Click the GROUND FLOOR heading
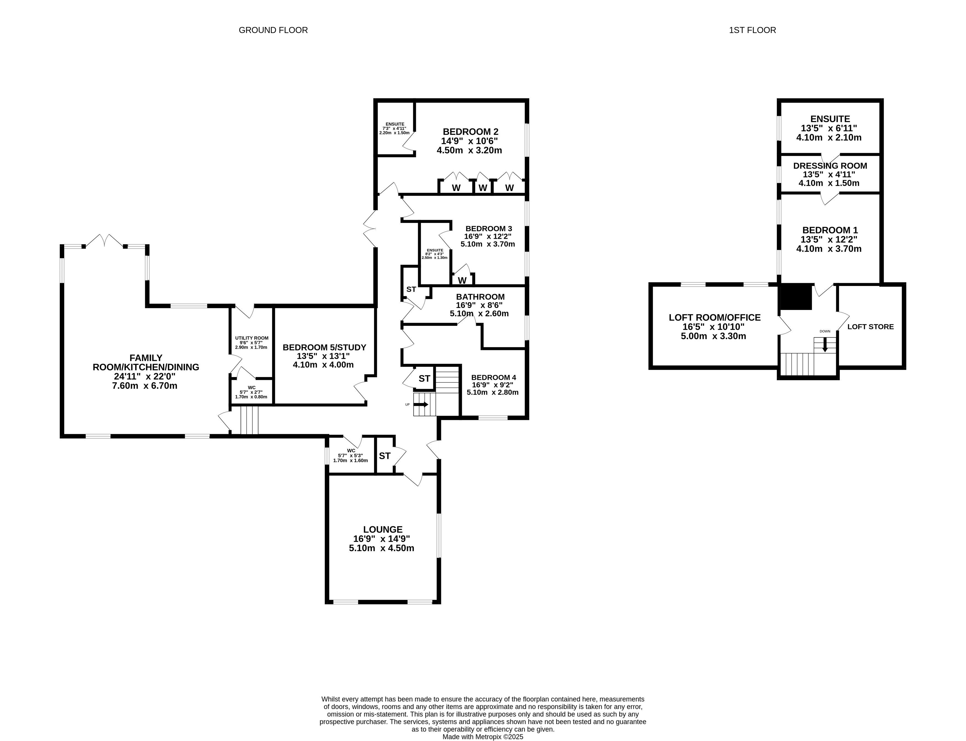273,30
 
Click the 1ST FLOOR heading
753,30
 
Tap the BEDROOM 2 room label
470,132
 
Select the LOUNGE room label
383,529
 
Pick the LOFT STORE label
870,326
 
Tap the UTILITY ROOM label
251,338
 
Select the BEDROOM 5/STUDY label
324,347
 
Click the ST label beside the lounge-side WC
384,456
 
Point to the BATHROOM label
480,297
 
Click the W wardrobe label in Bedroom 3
462,280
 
